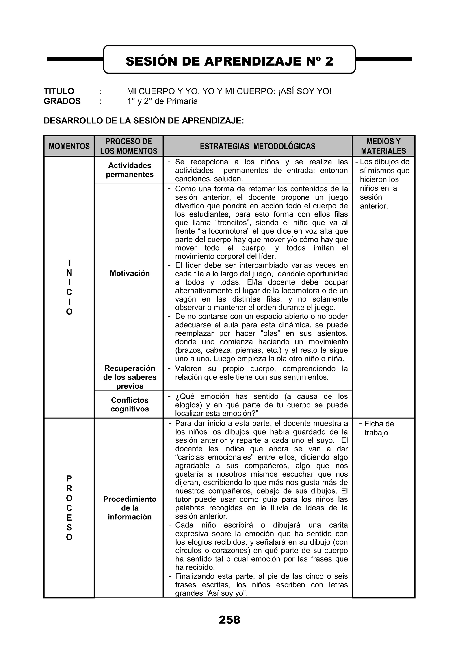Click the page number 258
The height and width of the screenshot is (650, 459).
(229, 620)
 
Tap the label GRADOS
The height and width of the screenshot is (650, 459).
(62, 101)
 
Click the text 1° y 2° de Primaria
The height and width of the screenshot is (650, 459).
(162, 101)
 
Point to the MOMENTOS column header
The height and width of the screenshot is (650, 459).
(69, 146)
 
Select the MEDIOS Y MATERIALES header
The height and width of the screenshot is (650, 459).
(383, 146)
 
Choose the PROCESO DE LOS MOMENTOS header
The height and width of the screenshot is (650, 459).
(129, 146)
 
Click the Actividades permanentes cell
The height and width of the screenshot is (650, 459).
(130, 170)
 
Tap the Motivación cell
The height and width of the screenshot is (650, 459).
(130, 273)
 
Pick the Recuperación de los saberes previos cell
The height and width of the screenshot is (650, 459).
(130, 377)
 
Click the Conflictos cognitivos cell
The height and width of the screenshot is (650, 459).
(130, 404)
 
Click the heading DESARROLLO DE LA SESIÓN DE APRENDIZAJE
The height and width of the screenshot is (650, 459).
(144, 121)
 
